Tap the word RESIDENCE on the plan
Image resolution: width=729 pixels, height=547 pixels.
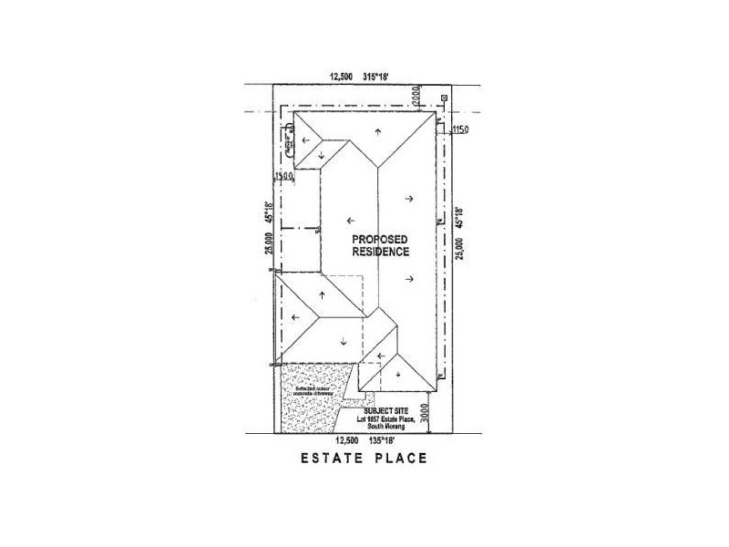coord(382,251)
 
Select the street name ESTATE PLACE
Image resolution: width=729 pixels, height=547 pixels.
coord(363,458)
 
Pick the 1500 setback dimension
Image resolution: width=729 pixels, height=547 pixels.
coord(282,175)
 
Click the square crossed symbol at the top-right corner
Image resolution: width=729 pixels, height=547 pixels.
coord(444,98)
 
